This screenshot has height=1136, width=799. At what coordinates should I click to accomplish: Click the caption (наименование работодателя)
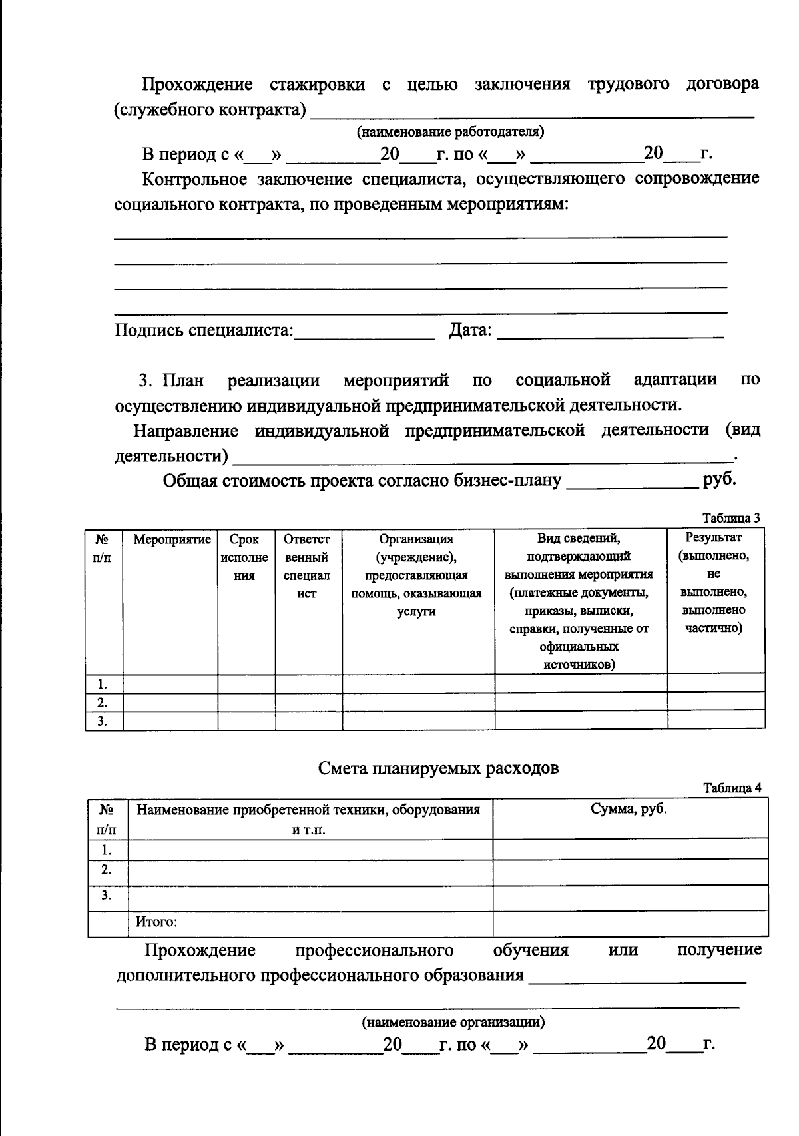(x=451, y=132)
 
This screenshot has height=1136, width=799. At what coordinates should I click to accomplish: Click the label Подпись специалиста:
(x=204, y=330)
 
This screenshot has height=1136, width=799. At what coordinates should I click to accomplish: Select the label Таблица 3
(x=731, y=518)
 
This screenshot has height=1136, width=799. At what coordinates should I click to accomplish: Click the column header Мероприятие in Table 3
(x=172, y=539)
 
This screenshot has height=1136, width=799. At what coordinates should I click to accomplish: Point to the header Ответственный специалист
(x=307, y=566)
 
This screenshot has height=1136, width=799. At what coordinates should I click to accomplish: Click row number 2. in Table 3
(x=102, y=702)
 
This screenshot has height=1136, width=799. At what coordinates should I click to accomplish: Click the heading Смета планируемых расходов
(x=438, y=768)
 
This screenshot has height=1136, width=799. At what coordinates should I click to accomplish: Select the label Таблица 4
(x=732, y=788)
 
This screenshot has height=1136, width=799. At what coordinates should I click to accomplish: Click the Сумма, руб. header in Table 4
(x=629, y=810)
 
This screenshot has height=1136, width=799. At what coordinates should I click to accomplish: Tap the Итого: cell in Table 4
(x=157, y=922)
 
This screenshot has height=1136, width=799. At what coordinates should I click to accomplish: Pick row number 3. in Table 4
(x=105, y=896)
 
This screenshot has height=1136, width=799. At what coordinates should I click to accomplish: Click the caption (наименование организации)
(x=453, y=1021)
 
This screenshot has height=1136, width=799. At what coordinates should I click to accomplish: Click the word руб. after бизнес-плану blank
(x=719, y=479)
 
